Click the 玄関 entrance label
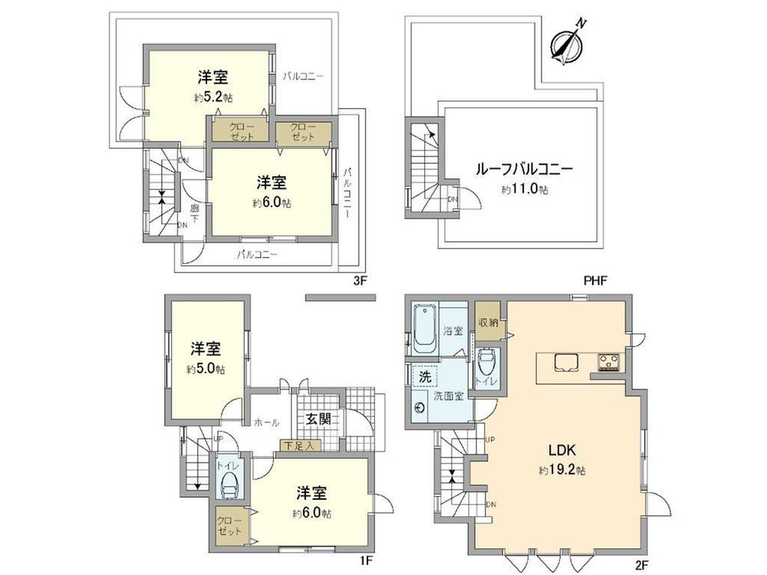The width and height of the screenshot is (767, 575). [318, 419]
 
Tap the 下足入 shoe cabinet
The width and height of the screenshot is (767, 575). [296, 445]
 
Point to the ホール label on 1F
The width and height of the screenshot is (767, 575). [265, 422]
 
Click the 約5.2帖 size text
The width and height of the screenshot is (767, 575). [213, 98]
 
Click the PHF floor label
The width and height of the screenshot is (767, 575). [594, 281]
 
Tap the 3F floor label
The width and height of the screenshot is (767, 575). [360, 281]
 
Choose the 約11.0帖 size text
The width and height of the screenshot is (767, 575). [525, 189]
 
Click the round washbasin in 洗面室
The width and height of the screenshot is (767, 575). [420, 408]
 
